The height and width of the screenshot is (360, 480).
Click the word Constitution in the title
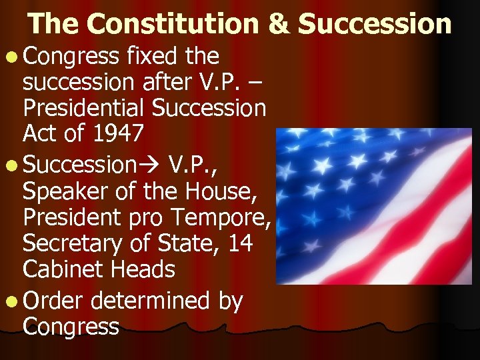coord(173,24)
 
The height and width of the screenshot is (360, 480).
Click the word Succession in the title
coord(375,24)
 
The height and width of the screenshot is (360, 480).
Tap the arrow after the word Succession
coord(155,165)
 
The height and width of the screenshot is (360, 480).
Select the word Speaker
coord(63,191)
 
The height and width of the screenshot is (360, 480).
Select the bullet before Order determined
coord(14,301)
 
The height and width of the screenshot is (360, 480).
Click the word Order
coord(53,301)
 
